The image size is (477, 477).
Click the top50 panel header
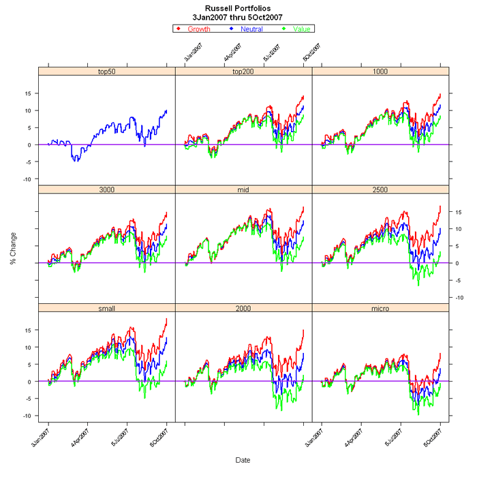pyautogui.click(x=107, y=71)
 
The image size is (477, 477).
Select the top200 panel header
pyautogui.click(x=243, y=71)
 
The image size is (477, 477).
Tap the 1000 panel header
pyautogui.click(x=380, y=71)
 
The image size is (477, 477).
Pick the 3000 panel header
pyautogui.click(x=107, y=189)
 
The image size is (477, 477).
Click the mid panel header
pyautogui.click(x=243, y=189)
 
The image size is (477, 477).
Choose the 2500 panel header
pyautogui.click(x=380, y=189)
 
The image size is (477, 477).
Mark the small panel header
pyautogui.click(x=107, y=308)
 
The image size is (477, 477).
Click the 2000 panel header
pyautogui.click(x=243, y=308)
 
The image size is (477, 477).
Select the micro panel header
pyautogui.click(x=380, y=308)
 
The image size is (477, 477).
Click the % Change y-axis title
pyautogui.click(x=13, y=246)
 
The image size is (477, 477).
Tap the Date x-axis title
pyautogui.click(x=243, y=461)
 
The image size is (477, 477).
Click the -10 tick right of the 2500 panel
pyautogui.click(x=461, y=297)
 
